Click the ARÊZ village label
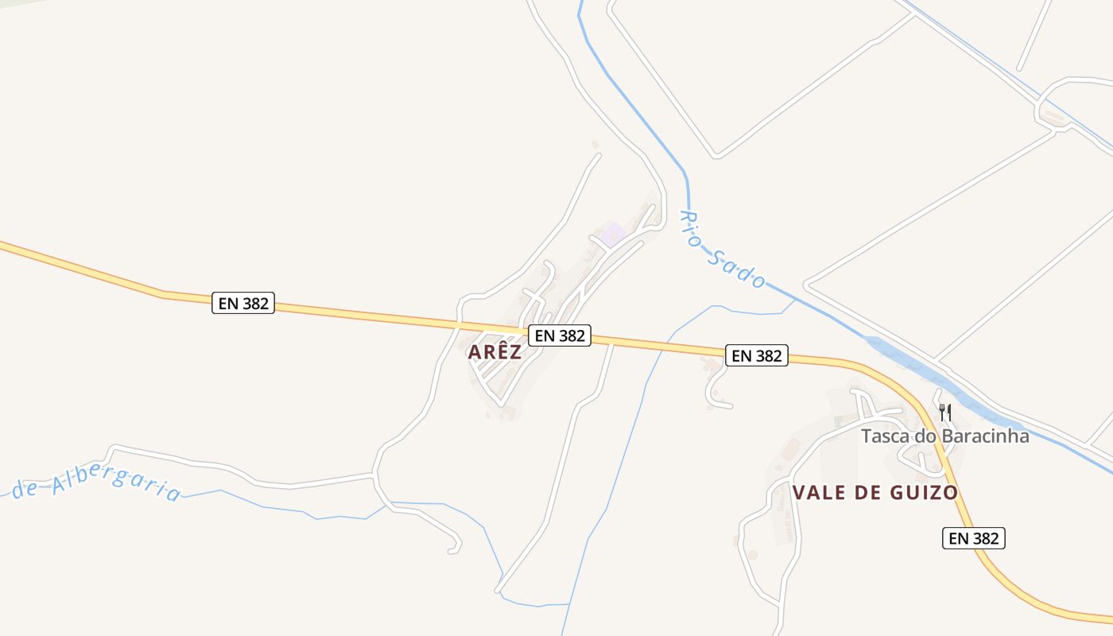tap(494, 352)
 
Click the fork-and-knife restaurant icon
tap(945, 412)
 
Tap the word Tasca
tap(886, 436)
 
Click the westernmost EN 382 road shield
tap(243, 303)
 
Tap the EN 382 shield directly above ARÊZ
tap(560, 335)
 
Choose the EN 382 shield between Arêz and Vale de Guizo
tap(757, 355)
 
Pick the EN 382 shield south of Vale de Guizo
tap(974, 538)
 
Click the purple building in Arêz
tap(612, 235)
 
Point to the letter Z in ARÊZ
tap(515, 352)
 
